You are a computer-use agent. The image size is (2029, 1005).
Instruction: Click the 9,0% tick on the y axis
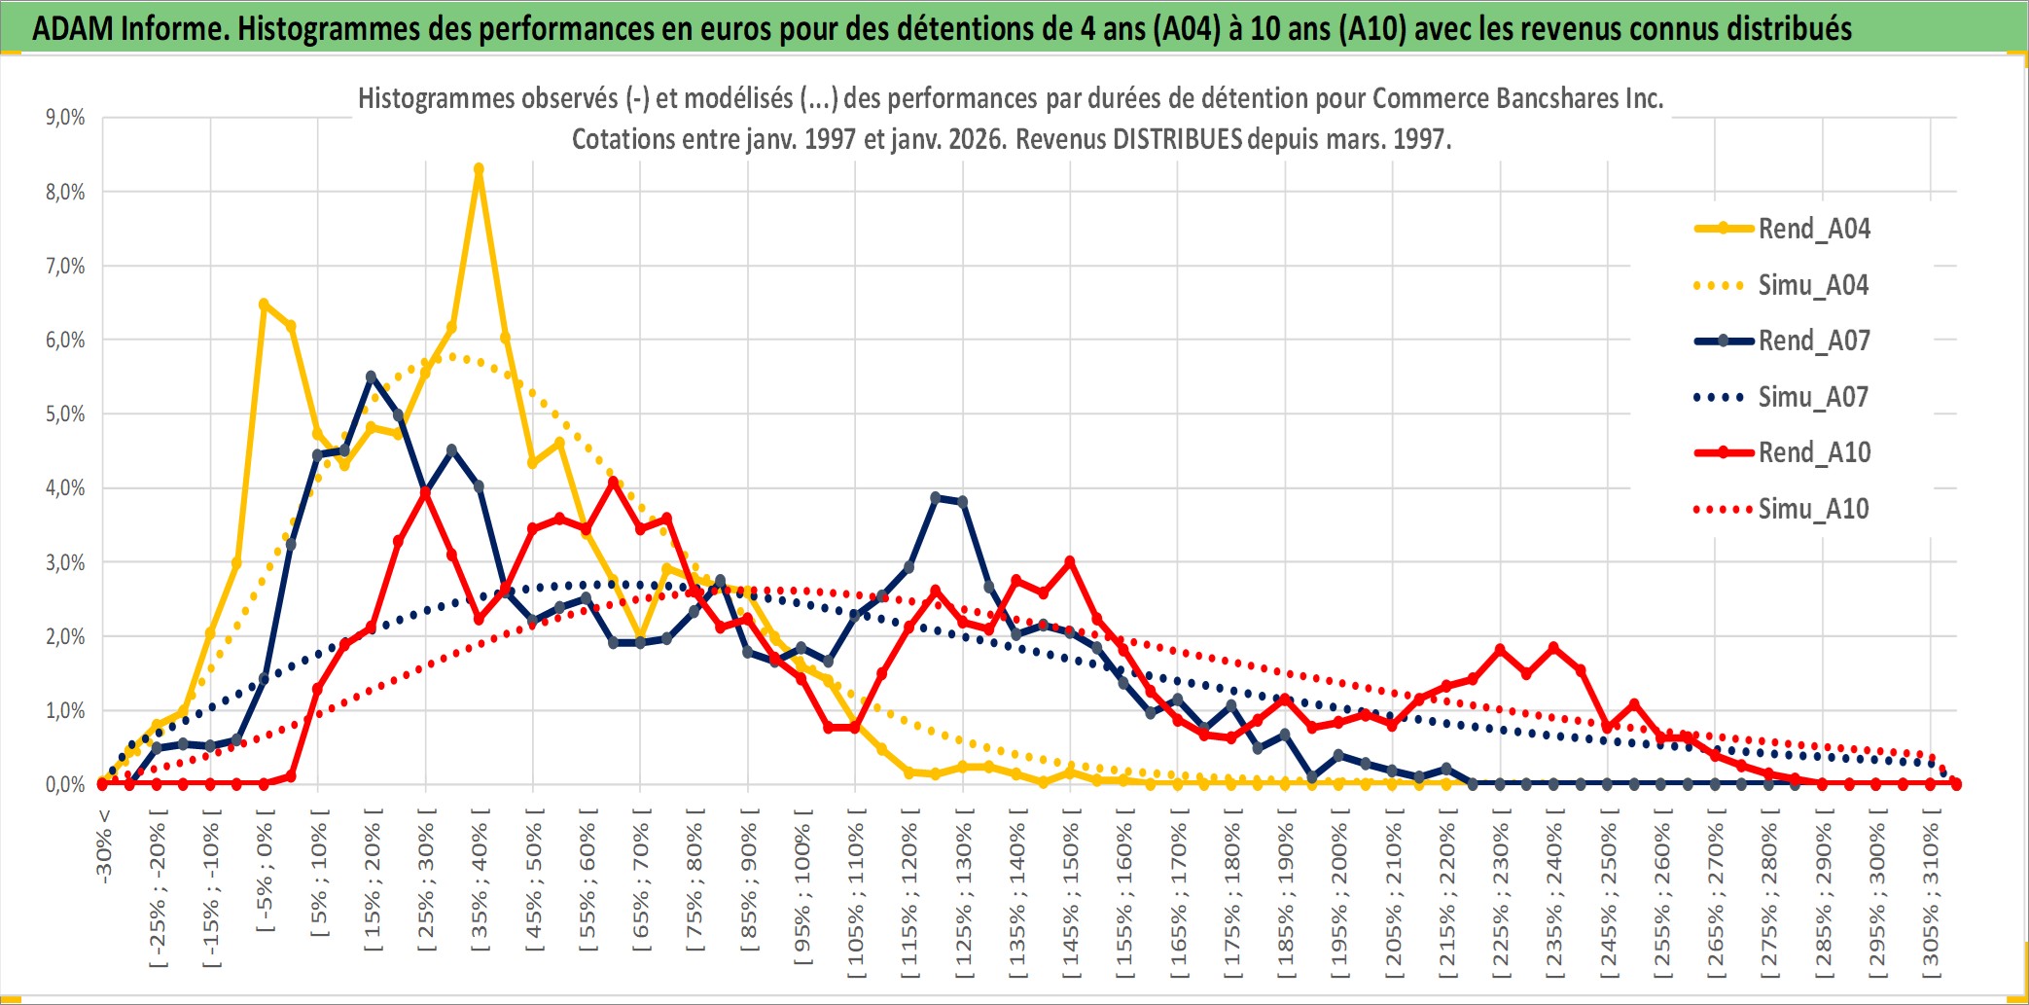point(65,118)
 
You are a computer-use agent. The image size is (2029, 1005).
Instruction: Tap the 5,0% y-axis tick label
point(65,414)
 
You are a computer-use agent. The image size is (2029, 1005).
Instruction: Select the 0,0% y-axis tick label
point(65,784)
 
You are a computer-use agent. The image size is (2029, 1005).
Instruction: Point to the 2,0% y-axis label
point(65,636)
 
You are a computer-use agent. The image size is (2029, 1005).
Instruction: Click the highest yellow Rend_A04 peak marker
point(479,169)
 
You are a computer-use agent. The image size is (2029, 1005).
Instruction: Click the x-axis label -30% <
point(104,845)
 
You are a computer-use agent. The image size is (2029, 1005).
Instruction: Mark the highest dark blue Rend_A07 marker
point(371,377)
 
